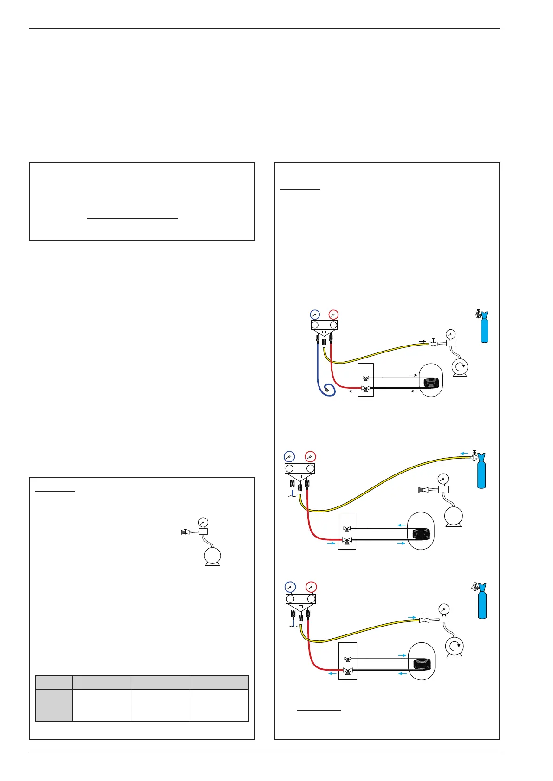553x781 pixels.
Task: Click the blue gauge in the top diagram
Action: (314, 314)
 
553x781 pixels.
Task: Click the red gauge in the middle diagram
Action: (311, 456)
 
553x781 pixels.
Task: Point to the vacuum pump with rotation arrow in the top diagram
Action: (460, 367)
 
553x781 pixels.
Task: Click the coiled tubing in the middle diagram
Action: (421, 534)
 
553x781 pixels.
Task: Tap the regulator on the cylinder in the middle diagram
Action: (474, 456)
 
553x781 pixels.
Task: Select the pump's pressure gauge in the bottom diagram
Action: (444, 609)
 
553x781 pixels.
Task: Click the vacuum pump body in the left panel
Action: (213, 556)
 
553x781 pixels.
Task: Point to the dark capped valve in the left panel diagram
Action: (184, 532)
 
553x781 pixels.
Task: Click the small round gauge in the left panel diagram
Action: (203, 522)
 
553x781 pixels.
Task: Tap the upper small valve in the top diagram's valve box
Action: (365, 378)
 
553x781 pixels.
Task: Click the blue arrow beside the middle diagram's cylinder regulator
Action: (464, 454)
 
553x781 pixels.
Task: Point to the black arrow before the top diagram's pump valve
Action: (422, 341)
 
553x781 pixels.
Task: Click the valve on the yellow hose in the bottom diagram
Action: (424, 620)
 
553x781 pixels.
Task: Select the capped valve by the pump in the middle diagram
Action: (423, 489)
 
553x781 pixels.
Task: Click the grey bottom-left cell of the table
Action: (54, 705)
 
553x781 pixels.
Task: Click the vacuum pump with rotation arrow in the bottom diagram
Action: (455, 646)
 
